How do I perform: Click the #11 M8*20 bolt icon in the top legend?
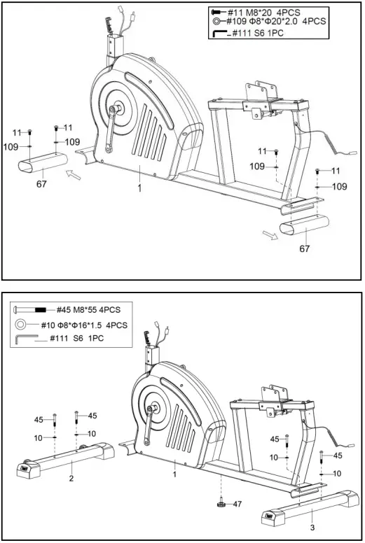coord(218,12)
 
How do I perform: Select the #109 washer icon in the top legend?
coord(218,22)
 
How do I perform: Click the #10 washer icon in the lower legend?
coord(22,324)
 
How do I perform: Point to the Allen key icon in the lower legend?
coord(23,339)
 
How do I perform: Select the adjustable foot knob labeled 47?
coord(221,503)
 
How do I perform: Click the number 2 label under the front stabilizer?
coord(71,479)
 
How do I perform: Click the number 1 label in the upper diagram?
coord(139,188)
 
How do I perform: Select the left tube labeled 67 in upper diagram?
coord(42,167)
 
